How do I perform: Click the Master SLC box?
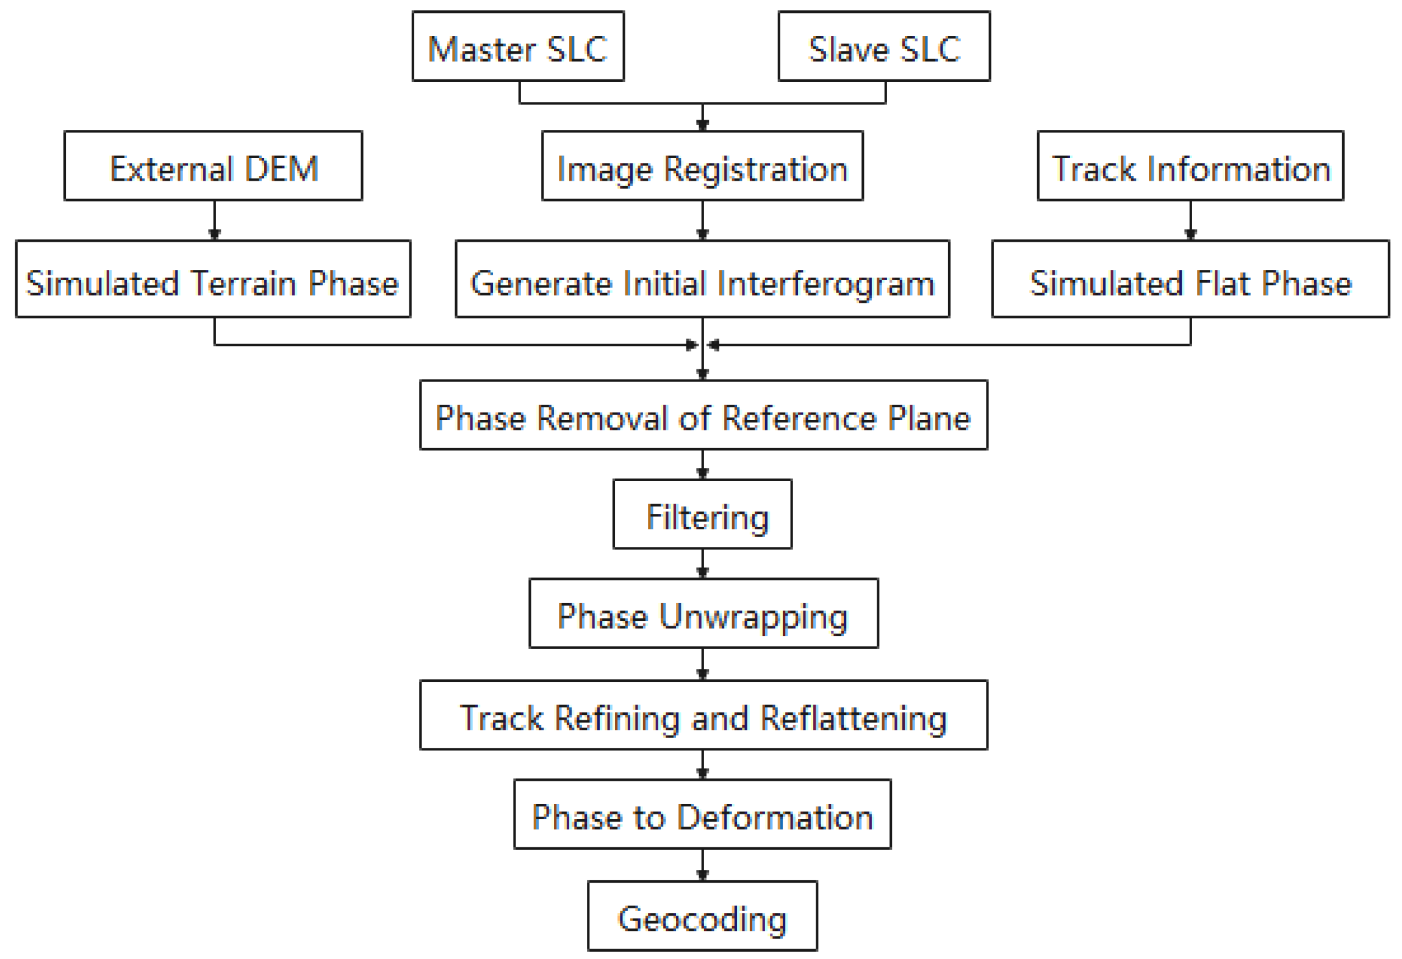517,46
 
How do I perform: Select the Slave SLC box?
883,46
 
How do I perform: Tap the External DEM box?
213,165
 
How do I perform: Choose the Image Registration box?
702,165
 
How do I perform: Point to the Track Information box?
1189,165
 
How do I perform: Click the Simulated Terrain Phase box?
213,278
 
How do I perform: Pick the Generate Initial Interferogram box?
702,278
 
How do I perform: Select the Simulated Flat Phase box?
1189,278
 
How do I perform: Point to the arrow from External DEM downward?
214,220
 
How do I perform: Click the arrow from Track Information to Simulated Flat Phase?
1190,220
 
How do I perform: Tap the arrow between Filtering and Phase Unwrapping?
702,563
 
